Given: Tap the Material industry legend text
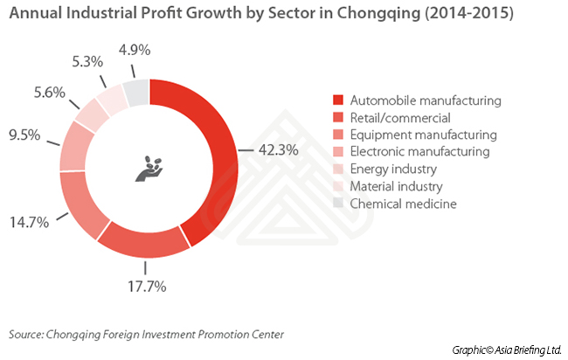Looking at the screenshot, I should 396,187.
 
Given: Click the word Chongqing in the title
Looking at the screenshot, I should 382,15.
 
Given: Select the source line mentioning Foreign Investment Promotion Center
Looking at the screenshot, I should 147,334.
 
